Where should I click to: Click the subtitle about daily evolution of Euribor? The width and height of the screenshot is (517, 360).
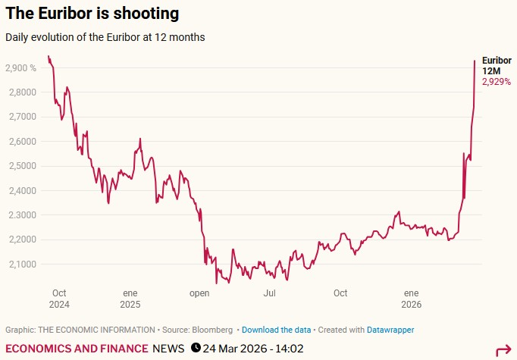105,36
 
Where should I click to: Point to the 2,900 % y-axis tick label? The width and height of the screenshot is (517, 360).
21,68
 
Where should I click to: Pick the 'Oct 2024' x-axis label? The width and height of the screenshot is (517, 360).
60,299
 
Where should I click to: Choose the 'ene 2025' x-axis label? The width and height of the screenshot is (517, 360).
130,299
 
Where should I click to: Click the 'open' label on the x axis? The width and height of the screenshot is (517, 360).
199,293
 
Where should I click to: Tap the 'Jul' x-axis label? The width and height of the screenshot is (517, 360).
269,293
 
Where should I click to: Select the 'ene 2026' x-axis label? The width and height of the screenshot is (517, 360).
411,299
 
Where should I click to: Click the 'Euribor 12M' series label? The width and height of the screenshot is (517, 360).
497,65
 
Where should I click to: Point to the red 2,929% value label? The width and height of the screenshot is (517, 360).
497,81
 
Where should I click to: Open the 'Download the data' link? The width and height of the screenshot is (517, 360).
276,330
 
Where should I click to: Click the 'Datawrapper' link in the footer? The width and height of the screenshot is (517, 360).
390,330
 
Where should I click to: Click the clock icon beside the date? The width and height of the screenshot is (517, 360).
196,349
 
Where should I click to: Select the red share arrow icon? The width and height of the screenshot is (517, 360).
503,350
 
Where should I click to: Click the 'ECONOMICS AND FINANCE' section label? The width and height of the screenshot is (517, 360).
77,349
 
